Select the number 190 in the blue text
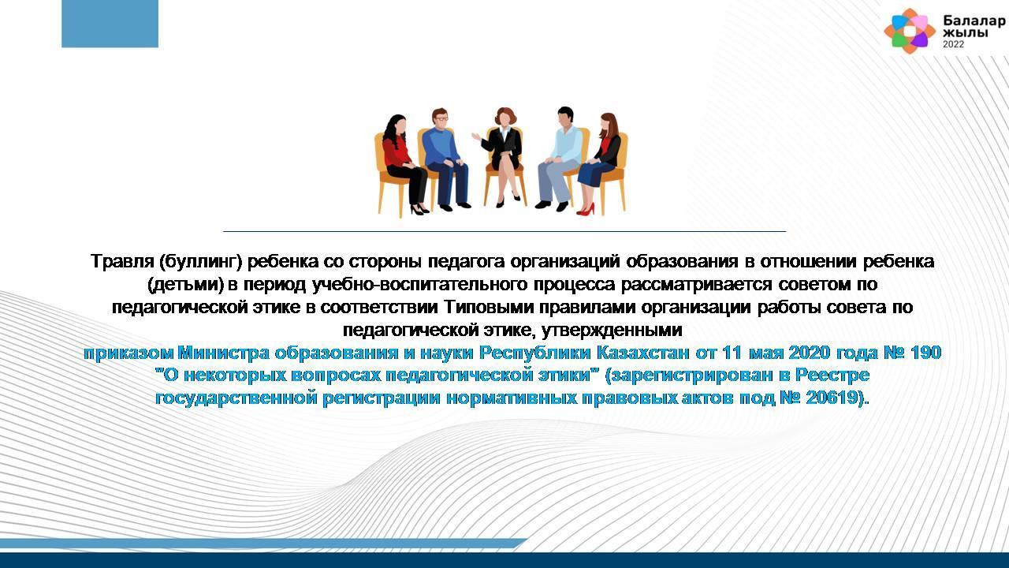pyautogui.click(x=925, y=353)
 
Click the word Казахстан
pyautogui.click(x=642, y=353)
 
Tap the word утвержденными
pyautogui.click(x=612, y=331)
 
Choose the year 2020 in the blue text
pyautogui.click(x=809, y=353)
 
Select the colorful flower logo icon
pyautogui.click(x=910, y=31)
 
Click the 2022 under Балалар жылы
pyautogui.click(x=954, y=44)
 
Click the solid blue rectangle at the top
pyautogui.click(x=110, y=24)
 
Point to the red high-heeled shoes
pyautogui.click(x=586, y=209)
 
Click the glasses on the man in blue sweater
pyautogui.click(x=441, y=118)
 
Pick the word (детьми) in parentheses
pyautogui.click(x=185, y=285)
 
